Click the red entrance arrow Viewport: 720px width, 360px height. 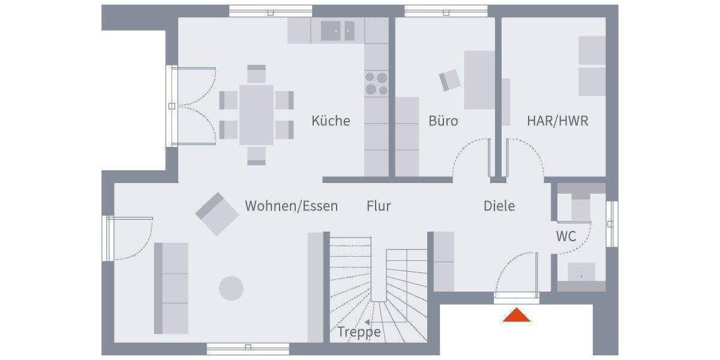[x=516, y=316]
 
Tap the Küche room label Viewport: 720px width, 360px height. [x=331, y=121]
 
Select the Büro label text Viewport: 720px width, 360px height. [x=443, y=121]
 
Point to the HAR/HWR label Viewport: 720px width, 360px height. [x=557, y=121]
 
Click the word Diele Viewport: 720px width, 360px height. [x=499, y=206]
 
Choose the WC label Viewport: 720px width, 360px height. [x=565, y=236]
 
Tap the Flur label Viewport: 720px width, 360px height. [x=379, y=206]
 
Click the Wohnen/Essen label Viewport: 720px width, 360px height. [x=291, y=206]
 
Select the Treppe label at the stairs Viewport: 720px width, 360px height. [x=359, y=332]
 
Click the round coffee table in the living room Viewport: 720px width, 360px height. [x=231, y=288]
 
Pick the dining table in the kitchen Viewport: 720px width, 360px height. [x=256, y=114]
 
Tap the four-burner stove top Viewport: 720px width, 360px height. [x=376, y=83]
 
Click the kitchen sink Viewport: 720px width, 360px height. [x=338, y=30]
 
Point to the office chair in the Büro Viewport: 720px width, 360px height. [x=450, y=80]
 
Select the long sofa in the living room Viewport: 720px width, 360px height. [x=171, y=288]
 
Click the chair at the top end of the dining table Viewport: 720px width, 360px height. [x=256, y=74]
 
